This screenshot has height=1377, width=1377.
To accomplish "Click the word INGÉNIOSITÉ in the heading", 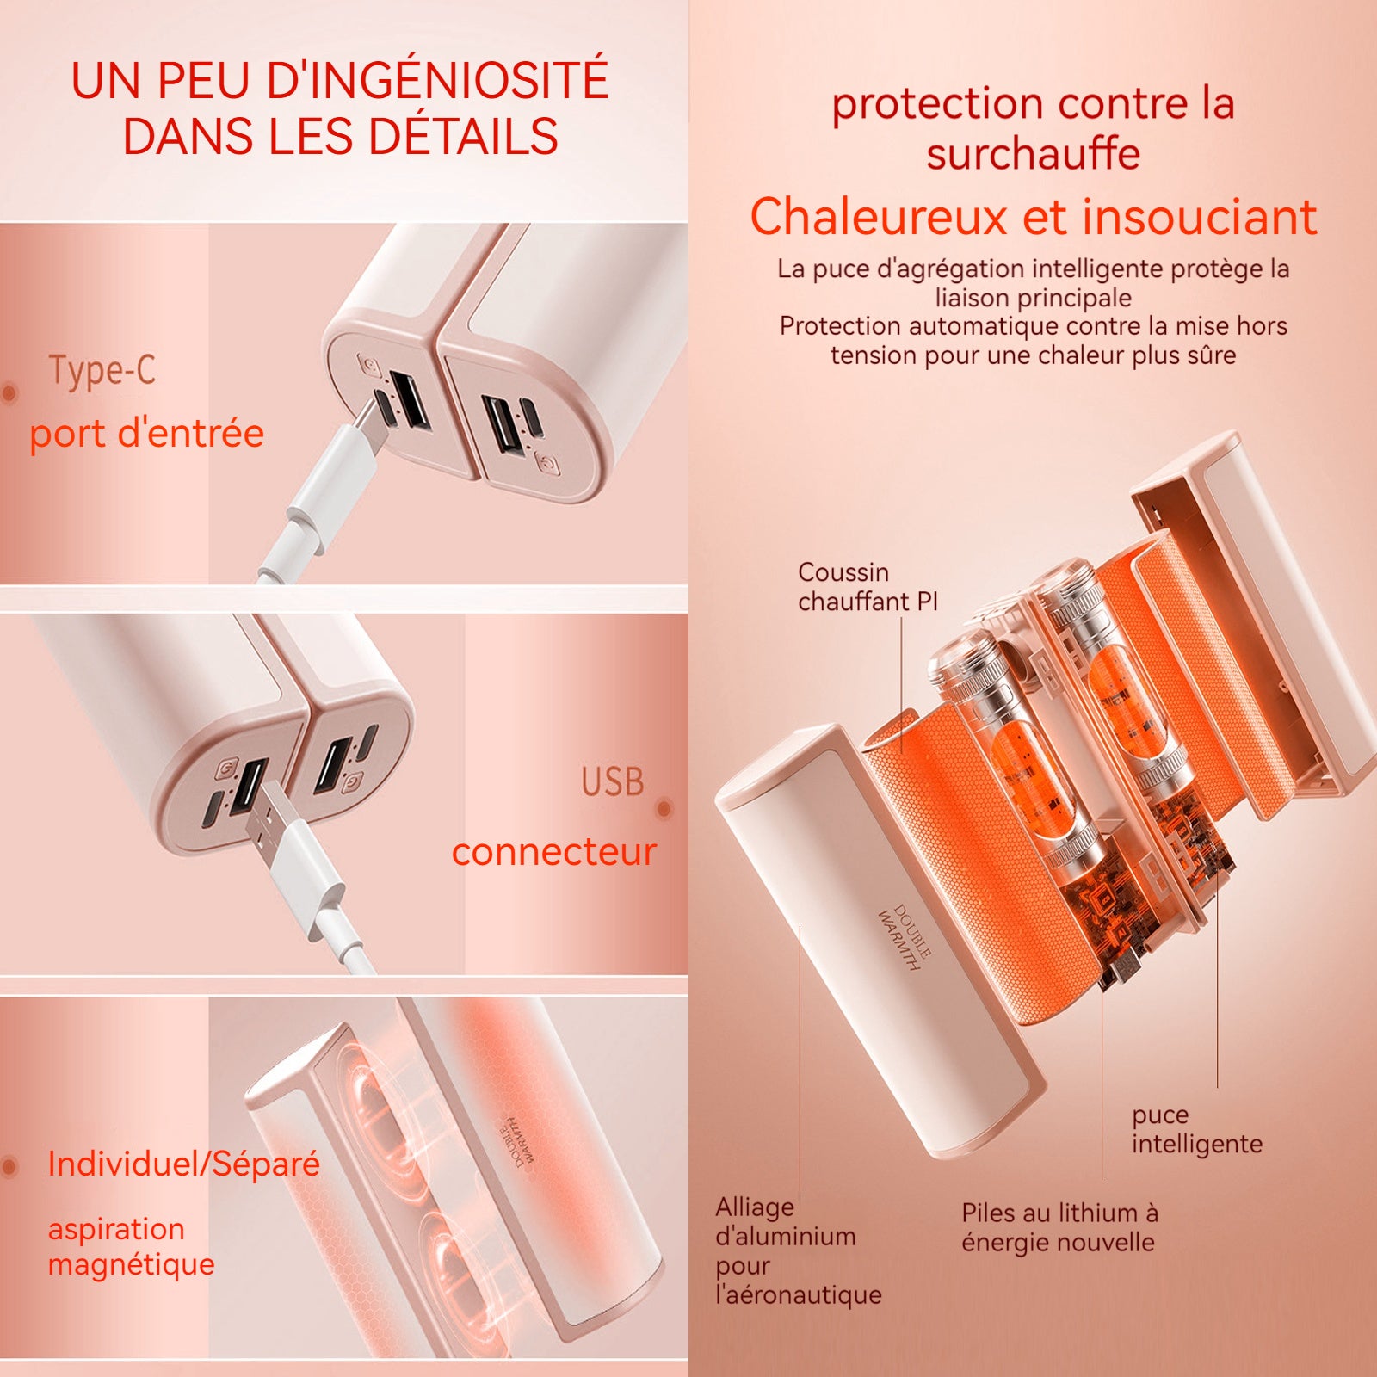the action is coord(437,80).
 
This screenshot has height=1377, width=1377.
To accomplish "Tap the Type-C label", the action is coord(102,371).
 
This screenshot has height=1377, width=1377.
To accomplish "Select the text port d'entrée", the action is coord(147,433).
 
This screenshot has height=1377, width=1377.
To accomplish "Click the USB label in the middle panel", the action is coord(613,781).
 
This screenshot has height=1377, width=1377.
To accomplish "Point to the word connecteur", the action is coord(554,852).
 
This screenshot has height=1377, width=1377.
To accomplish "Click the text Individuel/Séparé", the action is coord(184,1164).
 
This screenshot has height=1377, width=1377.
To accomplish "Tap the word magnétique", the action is coord(132,1264).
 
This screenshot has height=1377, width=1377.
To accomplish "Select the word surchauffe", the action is coord(1034,154).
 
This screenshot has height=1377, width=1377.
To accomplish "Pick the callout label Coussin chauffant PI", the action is coord(868,586).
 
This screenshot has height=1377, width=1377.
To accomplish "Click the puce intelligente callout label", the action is coord(1197,1129).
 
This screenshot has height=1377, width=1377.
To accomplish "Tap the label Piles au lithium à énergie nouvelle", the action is coord(1059,1227).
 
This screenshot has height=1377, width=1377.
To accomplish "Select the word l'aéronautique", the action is coord(799,1294).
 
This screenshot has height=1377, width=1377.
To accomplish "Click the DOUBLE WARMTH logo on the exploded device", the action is coord(904,936).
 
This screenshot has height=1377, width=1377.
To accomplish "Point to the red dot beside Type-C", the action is coord(9,393).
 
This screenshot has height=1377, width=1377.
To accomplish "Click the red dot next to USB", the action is coord(664,808).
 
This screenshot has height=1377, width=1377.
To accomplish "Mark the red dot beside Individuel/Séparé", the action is coord(9,1167).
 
